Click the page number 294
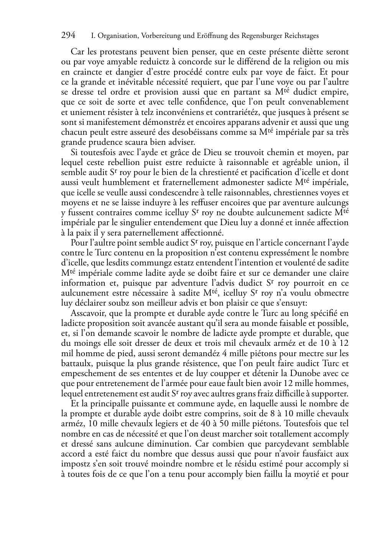point(68,36)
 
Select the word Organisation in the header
point(115,36)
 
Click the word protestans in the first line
point(123,52)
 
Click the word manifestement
point(105,123)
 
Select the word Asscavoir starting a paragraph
point(89,313)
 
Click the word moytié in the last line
point(306,474)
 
